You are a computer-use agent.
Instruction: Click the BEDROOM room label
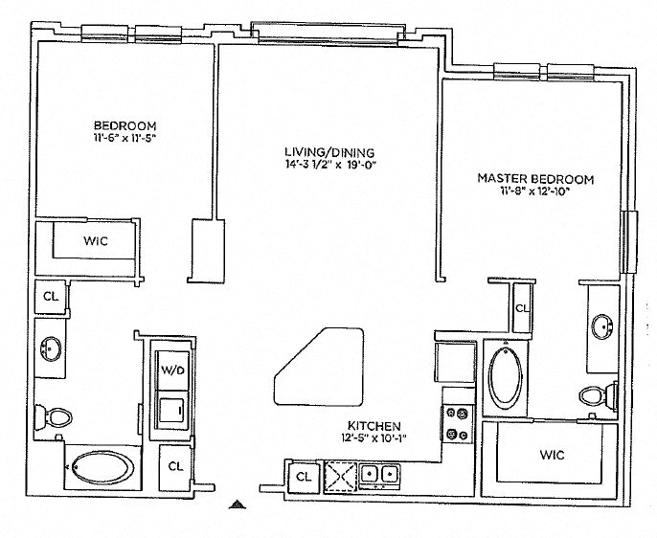[125, 126]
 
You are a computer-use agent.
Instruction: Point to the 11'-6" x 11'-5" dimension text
[125, 139]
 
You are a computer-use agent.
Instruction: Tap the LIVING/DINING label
[328, 152]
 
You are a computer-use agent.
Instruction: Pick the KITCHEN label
[375, 426]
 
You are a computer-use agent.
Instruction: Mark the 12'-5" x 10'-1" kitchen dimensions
[375, 438]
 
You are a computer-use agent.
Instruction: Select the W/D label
[172, 370]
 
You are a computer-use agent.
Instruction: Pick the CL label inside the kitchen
[304, 475]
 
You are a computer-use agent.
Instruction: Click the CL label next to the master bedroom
[523, 308]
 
